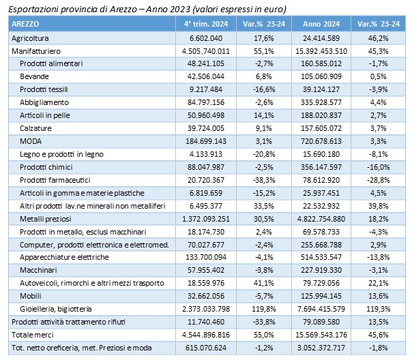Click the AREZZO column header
pos(25,24)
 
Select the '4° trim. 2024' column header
pos(206,24)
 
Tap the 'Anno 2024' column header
pos(321,24)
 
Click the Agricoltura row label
pos(30,38)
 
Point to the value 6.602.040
pos(206,38)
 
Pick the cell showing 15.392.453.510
pos(321,51)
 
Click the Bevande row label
pos(34,76)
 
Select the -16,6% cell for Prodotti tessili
pos(264,89)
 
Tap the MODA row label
pos(31,141)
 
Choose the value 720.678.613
pos(321,141)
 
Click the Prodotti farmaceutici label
pos(55,180)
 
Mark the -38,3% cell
pos(264,180)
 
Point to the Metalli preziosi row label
pos(46,219)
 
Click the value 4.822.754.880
pos(321,219)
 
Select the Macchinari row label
pos(38,270)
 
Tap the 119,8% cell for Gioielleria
pos(264,309)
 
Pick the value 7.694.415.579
pos(321,309)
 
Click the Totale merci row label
pos(32,335)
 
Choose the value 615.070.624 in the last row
pos(206,348)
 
